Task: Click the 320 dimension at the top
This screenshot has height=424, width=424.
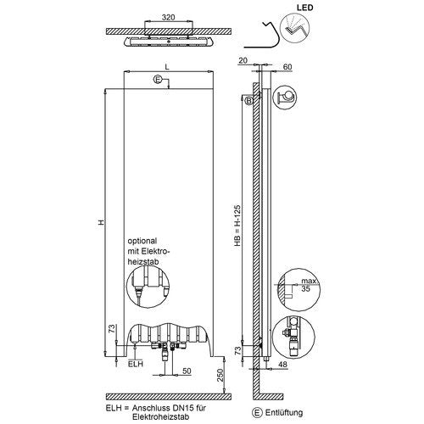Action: pos(168,17)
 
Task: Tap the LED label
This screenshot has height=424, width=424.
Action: pos(305,8)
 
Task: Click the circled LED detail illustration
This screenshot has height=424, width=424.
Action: pos(295,28)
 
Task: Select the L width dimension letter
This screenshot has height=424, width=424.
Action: pos(167,67)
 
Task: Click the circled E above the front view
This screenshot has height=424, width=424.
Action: pos(158,80)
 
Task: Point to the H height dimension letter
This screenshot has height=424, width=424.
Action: pos(101,222)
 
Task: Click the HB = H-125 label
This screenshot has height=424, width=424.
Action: pos(237,226)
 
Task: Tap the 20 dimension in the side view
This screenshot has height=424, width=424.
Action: pos(243,60)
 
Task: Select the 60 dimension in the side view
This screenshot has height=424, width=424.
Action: pos(287,67)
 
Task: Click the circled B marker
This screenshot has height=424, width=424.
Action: pos(249,101)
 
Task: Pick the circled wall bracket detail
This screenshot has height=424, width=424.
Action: pos(285,98)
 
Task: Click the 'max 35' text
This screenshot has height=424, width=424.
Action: pos(308,285)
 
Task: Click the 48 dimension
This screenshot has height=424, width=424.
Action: pos(283,364)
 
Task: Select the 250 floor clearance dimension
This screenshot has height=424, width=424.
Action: pos(220,375)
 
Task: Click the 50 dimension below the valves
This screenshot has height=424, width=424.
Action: pos(187,371)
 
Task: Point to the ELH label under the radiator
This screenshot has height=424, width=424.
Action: pos(136,364)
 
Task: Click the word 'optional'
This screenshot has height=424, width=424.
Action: pos(142,241)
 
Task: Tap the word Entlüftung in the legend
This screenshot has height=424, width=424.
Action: pos(284,412)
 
